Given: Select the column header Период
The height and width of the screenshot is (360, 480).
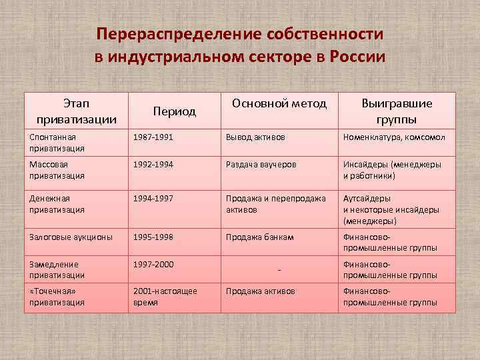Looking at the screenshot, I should point(175,111).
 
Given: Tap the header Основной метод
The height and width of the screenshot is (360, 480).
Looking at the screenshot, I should point(279,103).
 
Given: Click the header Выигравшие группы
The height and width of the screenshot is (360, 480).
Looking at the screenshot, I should point(397,111).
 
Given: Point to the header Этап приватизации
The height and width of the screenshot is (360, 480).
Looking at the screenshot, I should point(77,111).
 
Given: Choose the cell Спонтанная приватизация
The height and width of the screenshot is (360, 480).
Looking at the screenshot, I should point(57,142).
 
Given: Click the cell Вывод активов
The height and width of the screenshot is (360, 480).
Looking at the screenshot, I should point(255,137).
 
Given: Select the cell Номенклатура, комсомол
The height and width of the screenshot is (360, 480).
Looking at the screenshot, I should point(394,137).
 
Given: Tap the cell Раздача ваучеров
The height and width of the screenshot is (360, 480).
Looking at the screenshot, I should point(261,165).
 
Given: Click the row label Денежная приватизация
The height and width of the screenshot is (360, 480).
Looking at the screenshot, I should point(57,204).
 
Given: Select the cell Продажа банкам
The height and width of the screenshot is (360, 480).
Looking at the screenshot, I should point(259,237).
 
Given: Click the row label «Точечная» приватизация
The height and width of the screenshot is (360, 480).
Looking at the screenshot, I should point(57,297).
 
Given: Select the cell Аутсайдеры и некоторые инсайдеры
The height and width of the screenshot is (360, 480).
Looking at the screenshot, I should point(391,209).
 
